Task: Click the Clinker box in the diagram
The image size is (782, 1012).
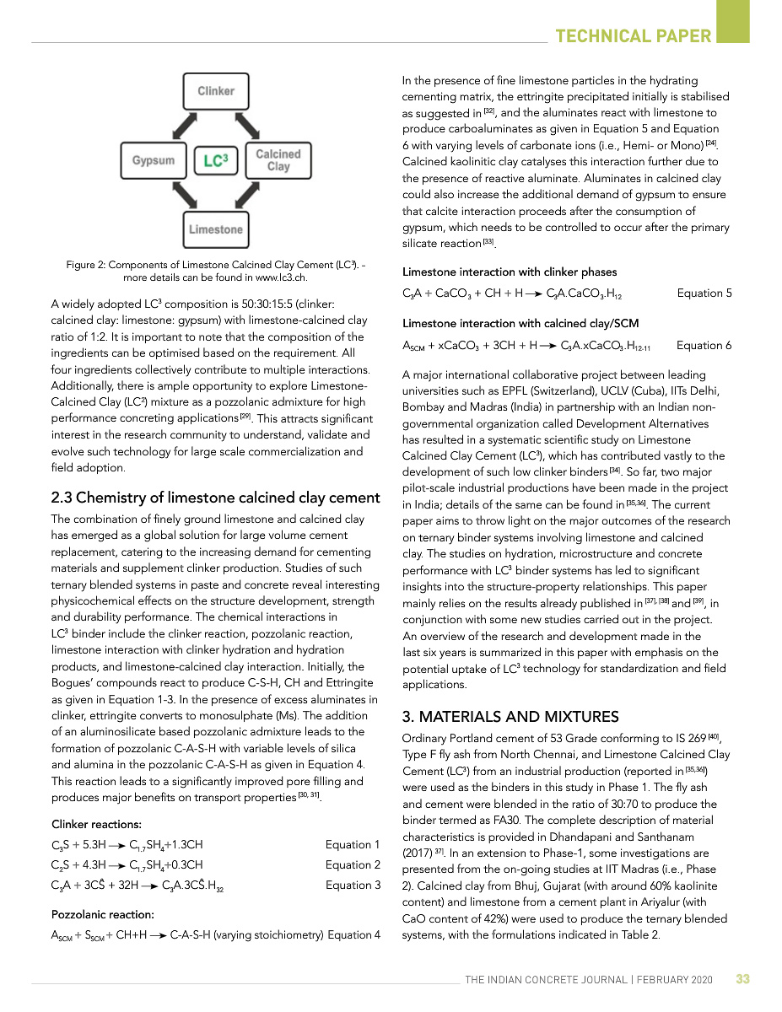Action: [216, 91]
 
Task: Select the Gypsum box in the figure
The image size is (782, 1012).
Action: [153, 160]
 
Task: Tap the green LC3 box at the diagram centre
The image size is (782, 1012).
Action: [216, 160]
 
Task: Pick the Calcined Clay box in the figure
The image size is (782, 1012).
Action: [278, 160]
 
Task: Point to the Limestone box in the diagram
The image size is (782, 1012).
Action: [216, 229]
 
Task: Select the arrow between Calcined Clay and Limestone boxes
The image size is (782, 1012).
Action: [248, 196]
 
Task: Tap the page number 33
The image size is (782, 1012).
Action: [742, 979]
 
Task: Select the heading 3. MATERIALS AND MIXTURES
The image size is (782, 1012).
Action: [510, 717]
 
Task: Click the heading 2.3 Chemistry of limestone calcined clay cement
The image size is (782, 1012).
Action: [216, 498]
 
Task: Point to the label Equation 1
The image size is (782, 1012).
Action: [353, 844]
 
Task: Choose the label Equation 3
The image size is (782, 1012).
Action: [353, 885]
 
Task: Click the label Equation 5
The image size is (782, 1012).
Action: [704, 293]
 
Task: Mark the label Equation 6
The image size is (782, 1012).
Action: [704, 346]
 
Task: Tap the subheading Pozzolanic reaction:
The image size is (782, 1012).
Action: [103, 914]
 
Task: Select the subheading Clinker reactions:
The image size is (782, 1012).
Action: [97, 824]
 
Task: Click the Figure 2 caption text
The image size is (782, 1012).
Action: [216, 271]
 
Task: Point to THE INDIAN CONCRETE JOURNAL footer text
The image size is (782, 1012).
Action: [588, 980]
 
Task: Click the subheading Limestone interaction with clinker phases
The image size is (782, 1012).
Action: [510, 272]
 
